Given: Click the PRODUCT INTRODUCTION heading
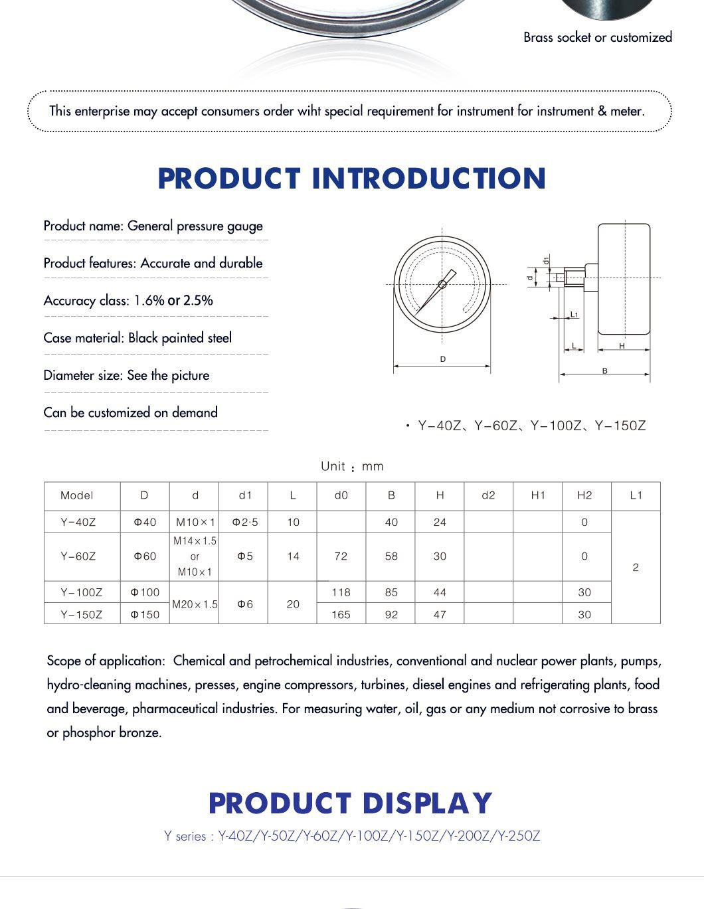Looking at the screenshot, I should [351, 179].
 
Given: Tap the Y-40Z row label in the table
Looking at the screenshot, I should [78, 522].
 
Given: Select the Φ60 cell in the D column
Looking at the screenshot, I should [145, 556].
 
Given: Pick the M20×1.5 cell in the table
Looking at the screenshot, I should [195, 604].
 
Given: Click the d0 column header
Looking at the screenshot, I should [341, 495].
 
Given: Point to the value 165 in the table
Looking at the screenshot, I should [341, 614].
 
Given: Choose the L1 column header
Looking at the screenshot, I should [636, 495].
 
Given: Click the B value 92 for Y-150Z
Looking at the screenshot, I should [391, 614].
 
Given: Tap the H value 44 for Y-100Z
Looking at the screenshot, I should [440, 592].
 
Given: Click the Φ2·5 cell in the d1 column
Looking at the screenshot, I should [244, 522].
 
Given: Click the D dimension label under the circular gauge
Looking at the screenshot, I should [443, 359].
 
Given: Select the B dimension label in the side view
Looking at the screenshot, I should [604, 371].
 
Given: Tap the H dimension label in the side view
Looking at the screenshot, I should [622, 346].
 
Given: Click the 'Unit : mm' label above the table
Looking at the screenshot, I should [352, 466].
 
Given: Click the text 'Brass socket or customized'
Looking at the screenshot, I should [597, 37].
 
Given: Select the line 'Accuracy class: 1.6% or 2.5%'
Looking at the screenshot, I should [128, 300].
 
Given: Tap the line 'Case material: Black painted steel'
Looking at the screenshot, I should [137, 337].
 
